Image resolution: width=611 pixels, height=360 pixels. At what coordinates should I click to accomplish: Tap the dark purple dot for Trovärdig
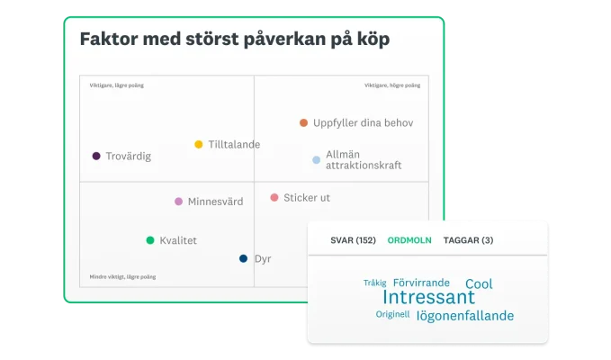[x=96, y=156]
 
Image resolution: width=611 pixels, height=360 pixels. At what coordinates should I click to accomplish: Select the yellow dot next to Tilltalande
[x=199, y=144]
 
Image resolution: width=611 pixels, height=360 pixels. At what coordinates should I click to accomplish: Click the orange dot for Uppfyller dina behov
[x=304, y=122]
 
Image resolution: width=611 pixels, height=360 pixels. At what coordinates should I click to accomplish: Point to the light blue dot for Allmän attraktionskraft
[x=317, y=160]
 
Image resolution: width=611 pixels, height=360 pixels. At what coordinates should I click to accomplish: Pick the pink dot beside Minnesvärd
[x=178, y=202]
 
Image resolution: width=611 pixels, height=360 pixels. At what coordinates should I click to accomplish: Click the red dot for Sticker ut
[x=274, y=197]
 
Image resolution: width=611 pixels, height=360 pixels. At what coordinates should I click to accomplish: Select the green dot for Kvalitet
[x=150, y=240]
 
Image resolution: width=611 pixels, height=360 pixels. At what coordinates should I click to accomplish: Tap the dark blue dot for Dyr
[x=243, y=258]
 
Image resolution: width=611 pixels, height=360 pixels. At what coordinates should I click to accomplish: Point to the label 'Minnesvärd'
[x=215, y=202]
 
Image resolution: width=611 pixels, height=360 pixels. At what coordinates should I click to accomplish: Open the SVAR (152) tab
[x=353, y=240]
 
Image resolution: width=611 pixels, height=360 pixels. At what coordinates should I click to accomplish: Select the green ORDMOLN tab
[x=409, y=240]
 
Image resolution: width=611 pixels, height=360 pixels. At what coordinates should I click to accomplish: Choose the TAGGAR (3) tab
[x=470, y=240]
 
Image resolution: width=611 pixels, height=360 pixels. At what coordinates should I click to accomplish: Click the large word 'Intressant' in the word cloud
[x=428, y=297]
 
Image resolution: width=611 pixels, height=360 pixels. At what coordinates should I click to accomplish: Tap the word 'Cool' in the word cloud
[x=479, y=283]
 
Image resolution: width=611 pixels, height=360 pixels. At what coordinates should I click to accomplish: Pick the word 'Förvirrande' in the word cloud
[x=425, y=283]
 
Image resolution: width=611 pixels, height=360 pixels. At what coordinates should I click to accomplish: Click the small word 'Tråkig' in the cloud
[x=374, y=283]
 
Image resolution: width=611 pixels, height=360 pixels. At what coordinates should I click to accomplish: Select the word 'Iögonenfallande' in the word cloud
[x=465, y=316]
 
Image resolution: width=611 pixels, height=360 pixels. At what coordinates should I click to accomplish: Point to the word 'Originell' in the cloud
[x=392, y=315]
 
